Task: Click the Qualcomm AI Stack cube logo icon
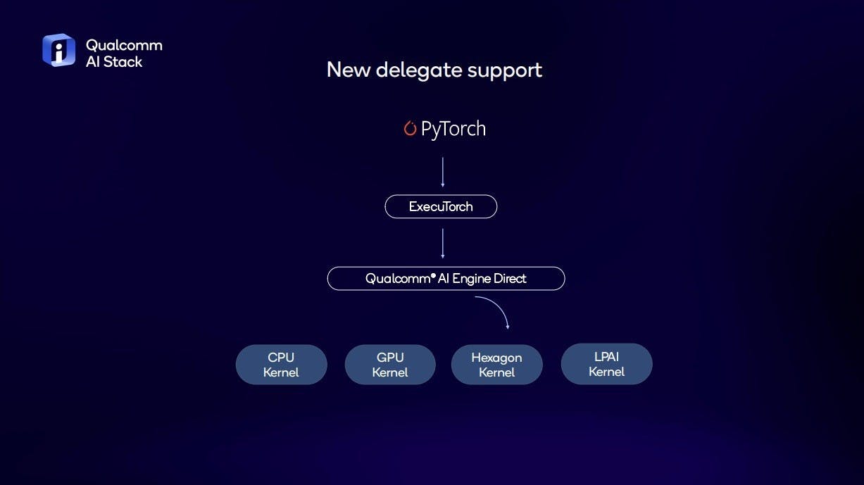58,50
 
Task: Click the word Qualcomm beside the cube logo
124,46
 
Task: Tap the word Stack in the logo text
123,62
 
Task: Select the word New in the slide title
349,70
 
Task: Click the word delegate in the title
419,70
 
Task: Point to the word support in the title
505,71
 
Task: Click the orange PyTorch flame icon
410,128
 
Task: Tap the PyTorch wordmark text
453,129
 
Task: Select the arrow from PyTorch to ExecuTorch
442,172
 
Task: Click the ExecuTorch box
441,207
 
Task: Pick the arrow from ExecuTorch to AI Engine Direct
442,244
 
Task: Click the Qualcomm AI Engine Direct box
446,278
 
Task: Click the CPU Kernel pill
281,365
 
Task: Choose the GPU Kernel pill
390,365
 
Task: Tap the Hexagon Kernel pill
497,365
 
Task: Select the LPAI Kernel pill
607,364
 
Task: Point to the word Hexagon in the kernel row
497,358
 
